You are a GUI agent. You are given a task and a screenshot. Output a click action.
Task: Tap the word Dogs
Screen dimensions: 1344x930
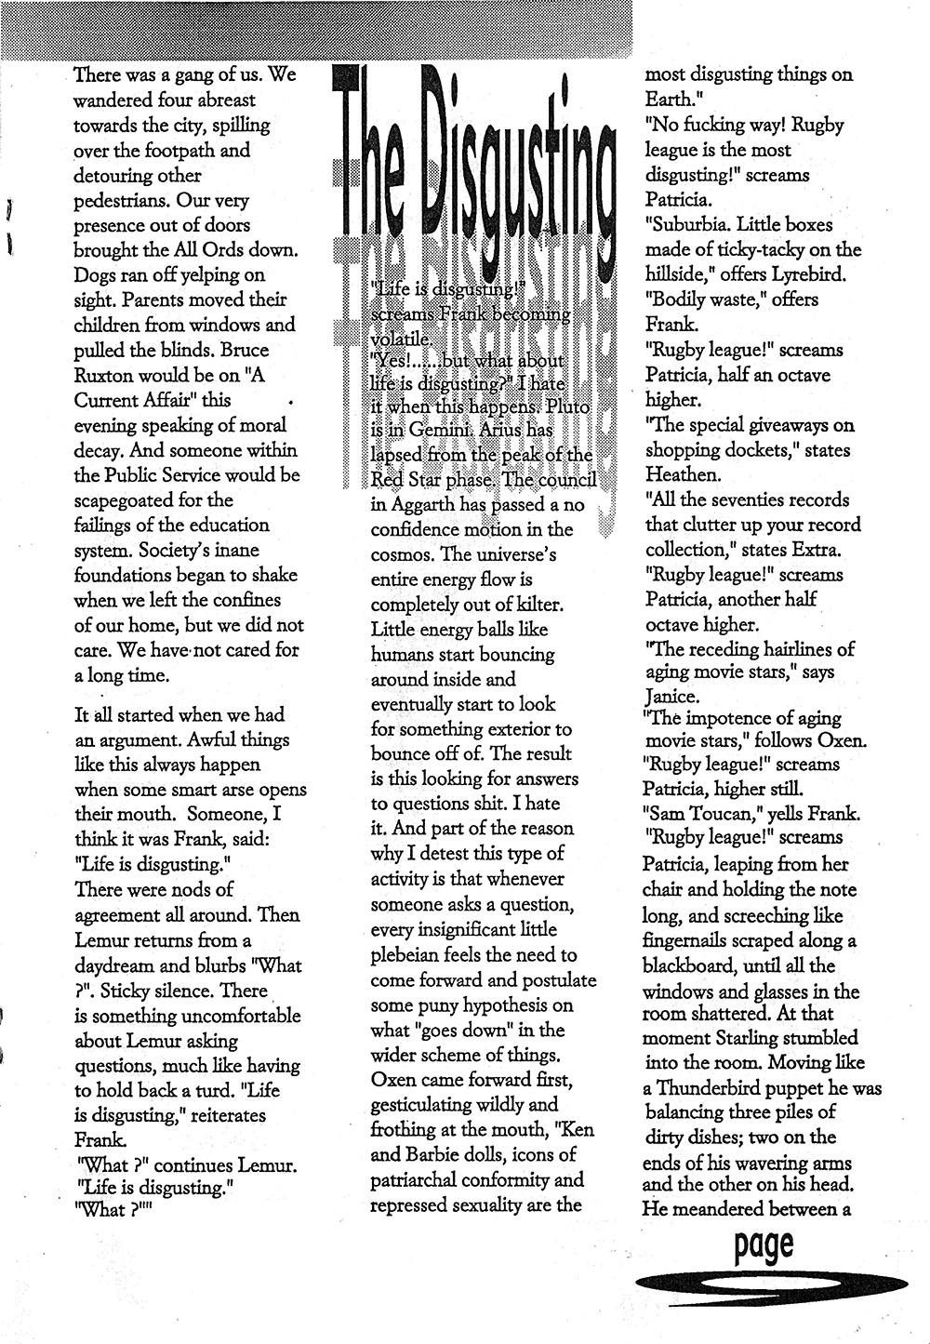tap(96, 275)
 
